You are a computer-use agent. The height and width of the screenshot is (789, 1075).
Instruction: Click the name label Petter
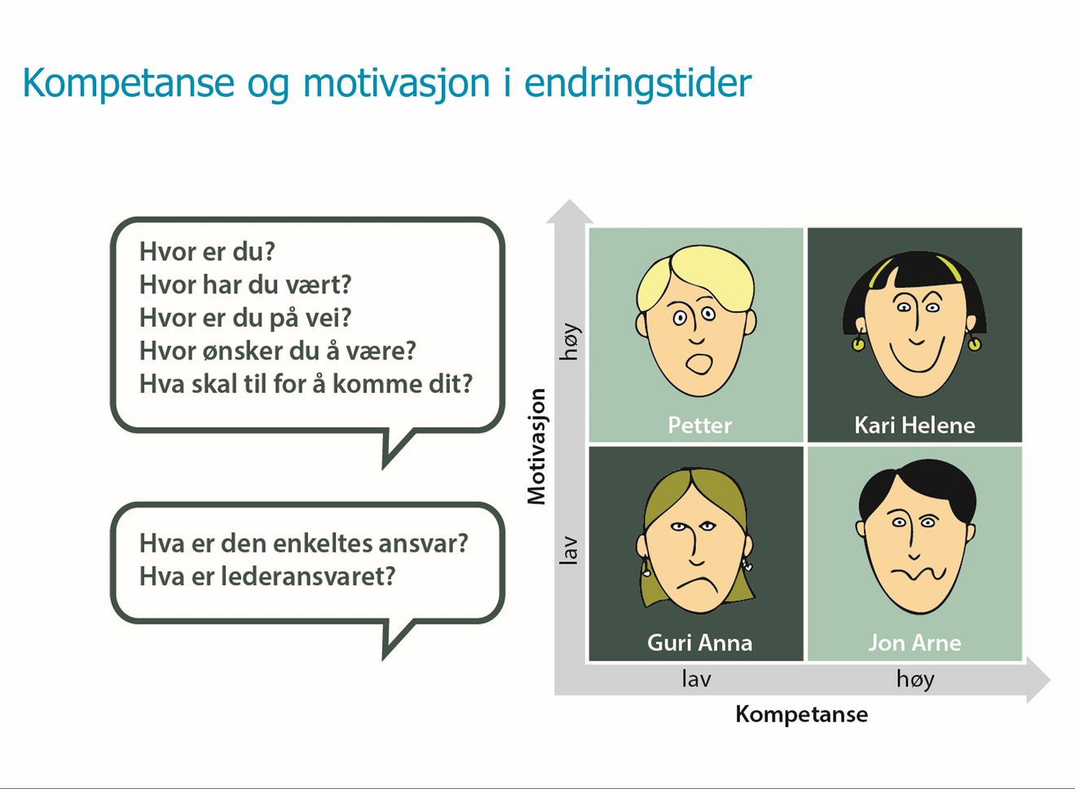(x=699, y=425)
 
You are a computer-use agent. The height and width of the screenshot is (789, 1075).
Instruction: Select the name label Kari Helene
(x=914, y=425)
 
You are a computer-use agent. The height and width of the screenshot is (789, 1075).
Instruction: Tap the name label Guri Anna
(x=699, y=642)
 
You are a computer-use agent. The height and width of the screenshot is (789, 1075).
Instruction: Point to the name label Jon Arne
(x=914, y=642)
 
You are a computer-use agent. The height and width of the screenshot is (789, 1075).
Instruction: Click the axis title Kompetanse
(x=801, y=714)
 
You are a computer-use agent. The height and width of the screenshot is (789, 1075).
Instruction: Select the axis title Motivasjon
(x=536, y=447)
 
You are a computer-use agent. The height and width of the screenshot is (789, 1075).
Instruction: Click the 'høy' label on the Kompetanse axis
(x=915, y=679)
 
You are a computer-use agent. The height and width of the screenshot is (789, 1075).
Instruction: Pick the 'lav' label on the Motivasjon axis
(x=569, y=550)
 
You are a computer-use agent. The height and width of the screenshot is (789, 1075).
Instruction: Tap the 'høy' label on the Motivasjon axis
(x=569, y=342)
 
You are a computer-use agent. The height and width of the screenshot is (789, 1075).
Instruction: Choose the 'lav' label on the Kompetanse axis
(x=696, y=679)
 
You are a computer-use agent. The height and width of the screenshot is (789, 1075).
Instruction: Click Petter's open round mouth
(x=698, y=364)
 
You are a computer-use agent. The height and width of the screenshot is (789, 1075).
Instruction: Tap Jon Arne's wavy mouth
(x=918, y=573)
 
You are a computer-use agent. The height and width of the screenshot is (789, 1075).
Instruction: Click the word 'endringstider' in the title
(x=637, y=83)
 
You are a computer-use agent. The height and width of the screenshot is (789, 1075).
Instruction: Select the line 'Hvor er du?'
(x=207, y=251)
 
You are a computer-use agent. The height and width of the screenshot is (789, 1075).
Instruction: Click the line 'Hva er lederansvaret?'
(x=267, y=576)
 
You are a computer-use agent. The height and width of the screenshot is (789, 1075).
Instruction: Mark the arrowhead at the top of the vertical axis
(x=570, y=211)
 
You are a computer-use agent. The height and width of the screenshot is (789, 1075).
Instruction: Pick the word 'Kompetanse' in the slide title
(x=128, y=83)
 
